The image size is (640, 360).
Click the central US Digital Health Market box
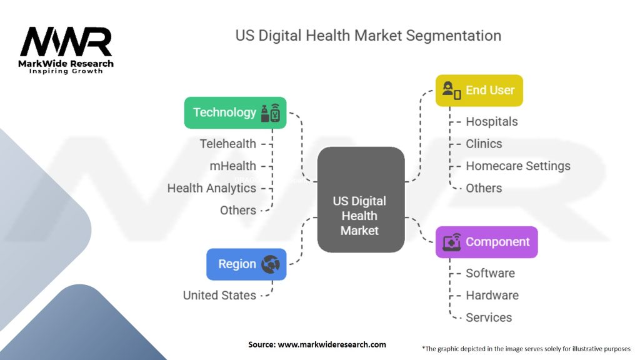click(x=361, y=199)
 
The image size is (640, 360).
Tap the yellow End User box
click(x=479, y=90)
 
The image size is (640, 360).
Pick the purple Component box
click(x=486, y=242)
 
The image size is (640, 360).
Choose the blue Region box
click(x=246, y=264)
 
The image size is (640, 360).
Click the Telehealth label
click(x=227, y=144)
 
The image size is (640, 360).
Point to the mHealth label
click(x=232, y=166)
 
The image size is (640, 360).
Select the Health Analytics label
click(x=211, y=187)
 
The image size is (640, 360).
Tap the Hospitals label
click(x=491, y=121)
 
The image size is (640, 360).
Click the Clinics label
click(x=484, y=144)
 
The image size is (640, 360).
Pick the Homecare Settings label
click(x=517, y=166)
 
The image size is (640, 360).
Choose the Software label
click(x=490, y=273)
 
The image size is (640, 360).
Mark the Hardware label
click(x=492, y=295)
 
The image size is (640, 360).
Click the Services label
click(x=488, y=317)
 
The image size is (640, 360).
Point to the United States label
click(x=219, y=295)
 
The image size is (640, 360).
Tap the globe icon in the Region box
click(x=270, y=264)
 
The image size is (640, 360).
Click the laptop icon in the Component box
click(x=451, y=242)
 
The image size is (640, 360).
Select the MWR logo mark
click(x=66, y=42)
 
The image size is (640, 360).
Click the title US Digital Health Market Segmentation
click(x=368, y=35)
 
